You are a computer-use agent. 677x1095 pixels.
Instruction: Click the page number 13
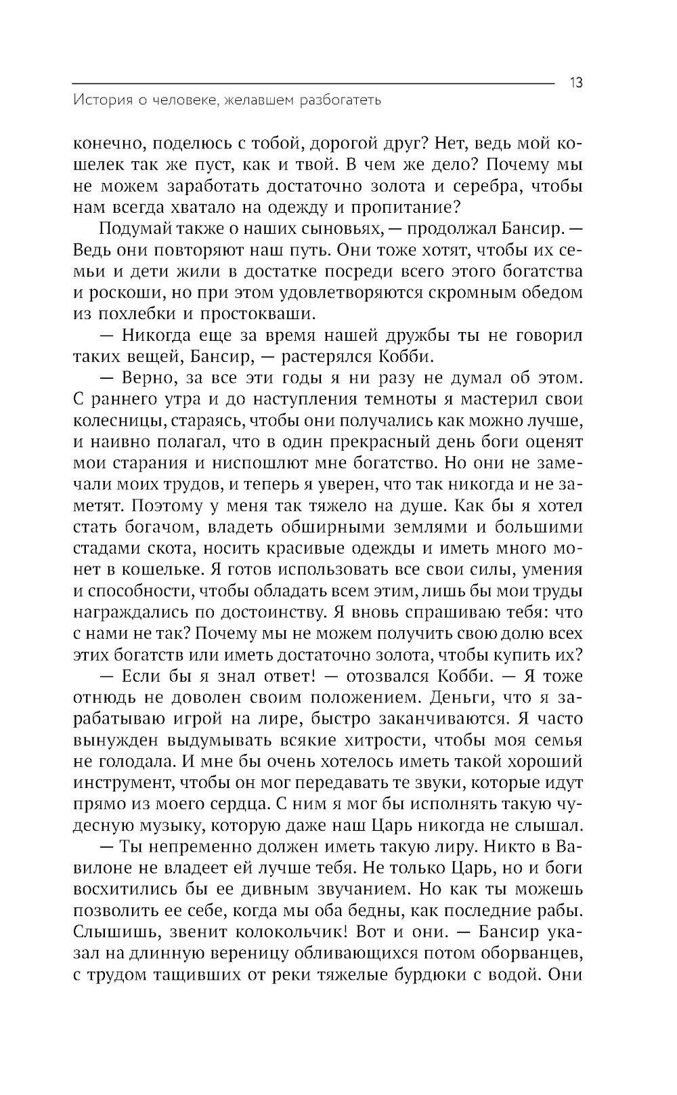576,83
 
